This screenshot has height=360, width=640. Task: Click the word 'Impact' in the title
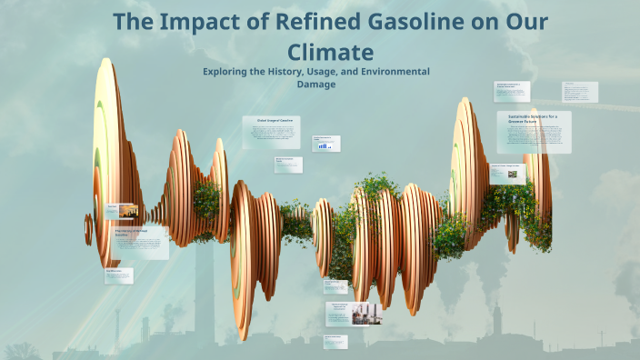coord(205,23)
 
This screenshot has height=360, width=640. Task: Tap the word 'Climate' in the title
coord(329,51)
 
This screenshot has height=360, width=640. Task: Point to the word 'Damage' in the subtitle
coord(316,84)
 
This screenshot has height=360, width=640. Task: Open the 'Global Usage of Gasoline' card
coord(272,133)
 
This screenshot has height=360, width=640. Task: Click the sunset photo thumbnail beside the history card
coord(127,211)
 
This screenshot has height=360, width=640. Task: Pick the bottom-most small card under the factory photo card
coord(335,342)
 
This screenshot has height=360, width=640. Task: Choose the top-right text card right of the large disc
coord(579,92)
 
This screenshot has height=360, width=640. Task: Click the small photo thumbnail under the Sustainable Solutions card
coord(513,173)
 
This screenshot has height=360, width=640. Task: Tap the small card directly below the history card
coord(119,275)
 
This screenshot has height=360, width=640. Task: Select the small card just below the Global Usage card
coord(288,164)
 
